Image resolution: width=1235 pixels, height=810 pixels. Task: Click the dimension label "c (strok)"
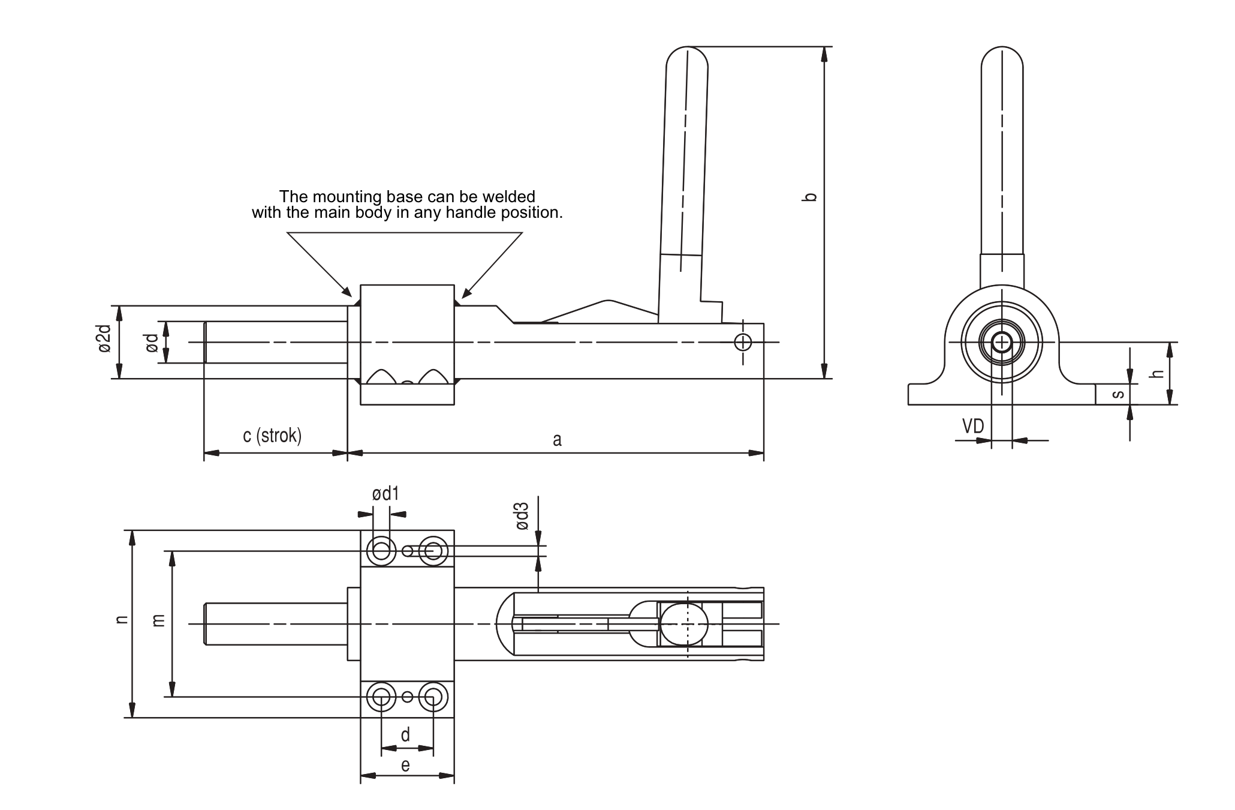(x=272, y=436)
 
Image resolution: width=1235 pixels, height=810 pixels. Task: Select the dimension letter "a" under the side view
(x=557, y=440)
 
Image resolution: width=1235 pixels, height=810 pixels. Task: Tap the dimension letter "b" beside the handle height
(x=810, y=196)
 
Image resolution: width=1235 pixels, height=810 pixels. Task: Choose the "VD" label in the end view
(x=973, y=427)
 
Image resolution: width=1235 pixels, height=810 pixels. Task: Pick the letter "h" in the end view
(x=1158, y=373)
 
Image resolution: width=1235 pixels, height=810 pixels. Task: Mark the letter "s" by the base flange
(x=1118, y=394)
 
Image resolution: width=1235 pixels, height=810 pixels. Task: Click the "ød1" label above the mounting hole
(x=385, y=494)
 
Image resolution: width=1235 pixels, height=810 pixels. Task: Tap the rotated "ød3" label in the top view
(x=522, y=516)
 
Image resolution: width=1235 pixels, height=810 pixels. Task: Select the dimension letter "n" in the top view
(x=122, y=619)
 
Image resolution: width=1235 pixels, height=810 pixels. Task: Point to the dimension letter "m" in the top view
(x=159, y=620)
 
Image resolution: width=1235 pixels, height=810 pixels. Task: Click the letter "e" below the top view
(x=405, y=766)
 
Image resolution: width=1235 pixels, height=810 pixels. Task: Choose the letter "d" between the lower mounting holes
(x=405, y=736)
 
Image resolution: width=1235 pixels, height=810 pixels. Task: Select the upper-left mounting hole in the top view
(x=381, y=550)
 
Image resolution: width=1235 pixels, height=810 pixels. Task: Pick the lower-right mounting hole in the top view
(x=432, y=697)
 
